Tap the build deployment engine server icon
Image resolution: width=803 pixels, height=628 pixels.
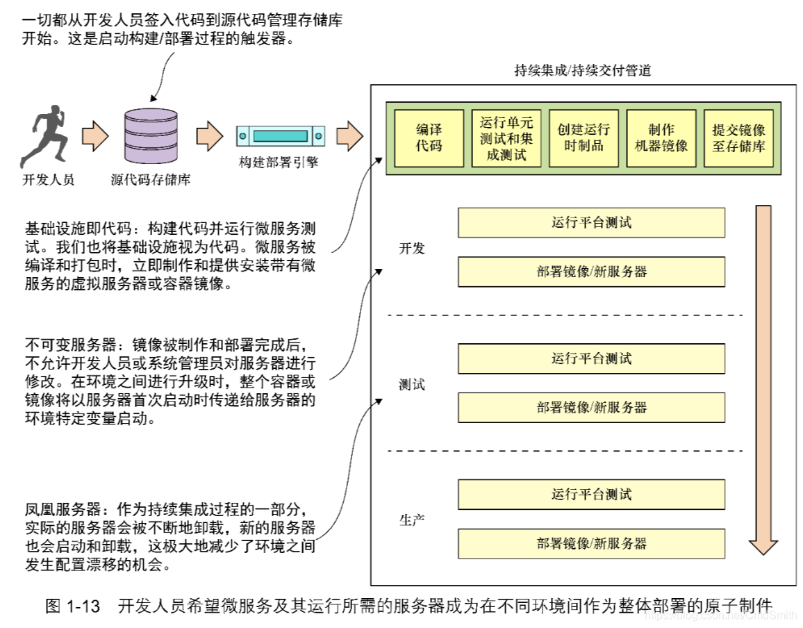click(280, 135)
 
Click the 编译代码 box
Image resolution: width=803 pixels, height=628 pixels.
click(429, 138)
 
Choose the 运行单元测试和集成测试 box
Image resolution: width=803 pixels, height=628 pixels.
click(506, 138)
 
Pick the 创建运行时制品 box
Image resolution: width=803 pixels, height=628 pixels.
click(583, 138)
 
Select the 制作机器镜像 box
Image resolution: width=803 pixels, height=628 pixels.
click(661, 138)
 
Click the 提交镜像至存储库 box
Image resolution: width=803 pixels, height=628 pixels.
click(738, 138)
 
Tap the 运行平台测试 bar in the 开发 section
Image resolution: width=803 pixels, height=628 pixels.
click(591, 223)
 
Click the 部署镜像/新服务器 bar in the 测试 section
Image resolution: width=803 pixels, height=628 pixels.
click(591, 407)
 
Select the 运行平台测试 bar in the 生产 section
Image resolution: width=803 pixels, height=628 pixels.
click(591, 495)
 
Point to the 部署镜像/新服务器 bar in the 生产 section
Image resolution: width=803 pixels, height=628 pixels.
click(591, 543)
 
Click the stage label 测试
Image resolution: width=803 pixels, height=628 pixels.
click(412, 384)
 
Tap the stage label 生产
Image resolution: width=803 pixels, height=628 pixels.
click(412, 520)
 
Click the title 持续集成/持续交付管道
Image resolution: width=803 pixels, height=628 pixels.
click(582, 70)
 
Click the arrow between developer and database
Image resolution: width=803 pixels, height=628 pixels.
click(95, 135)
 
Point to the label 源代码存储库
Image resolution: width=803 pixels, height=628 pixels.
click(150, 180)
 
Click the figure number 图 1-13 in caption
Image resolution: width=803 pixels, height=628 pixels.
click(74, 605)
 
